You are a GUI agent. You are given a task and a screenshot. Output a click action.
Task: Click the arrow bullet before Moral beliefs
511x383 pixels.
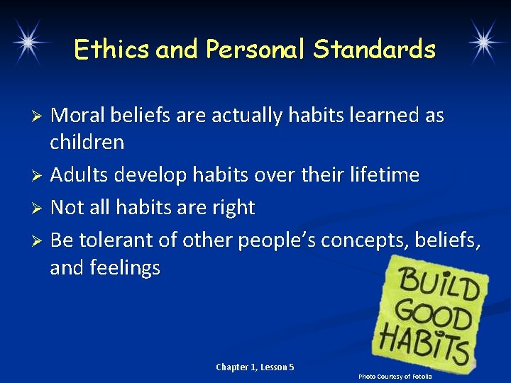(40, 116)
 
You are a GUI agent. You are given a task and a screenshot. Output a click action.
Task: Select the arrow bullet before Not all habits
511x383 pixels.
(40, 209)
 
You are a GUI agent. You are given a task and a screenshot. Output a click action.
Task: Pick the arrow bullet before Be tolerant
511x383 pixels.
(40, 241)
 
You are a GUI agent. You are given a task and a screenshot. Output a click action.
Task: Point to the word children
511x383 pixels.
(87, 143)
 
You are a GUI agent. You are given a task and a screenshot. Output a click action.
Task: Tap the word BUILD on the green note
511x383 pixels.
(437, 286)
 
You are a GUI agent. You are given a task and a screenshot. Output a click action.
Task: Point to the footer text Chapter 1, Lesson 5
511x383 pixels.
(255, 367)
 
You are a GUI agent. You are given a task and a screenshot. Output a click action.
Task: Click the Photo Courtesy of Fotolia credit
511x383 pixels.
(395, 376)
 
